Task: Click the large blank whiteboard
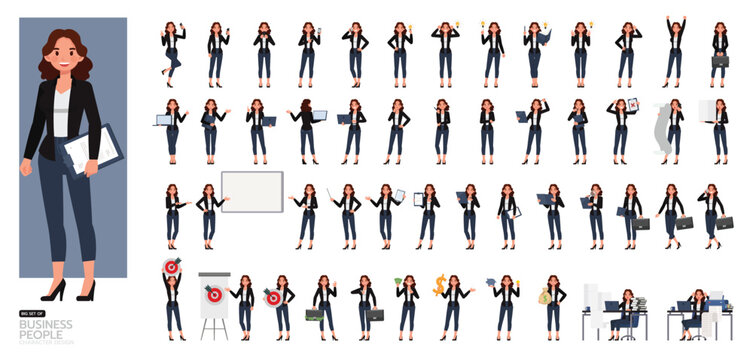click(x=251, y=191)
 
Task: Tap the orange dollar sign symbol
click(x=439, y=284)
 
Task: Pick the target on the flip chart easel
click(x=212, y=293)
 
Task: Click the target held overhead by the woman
click(x=170, y=268)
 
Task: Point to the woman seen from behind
click(x=306, y=128)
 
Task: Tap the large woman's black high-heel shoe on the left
click(x=52, y=291)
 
